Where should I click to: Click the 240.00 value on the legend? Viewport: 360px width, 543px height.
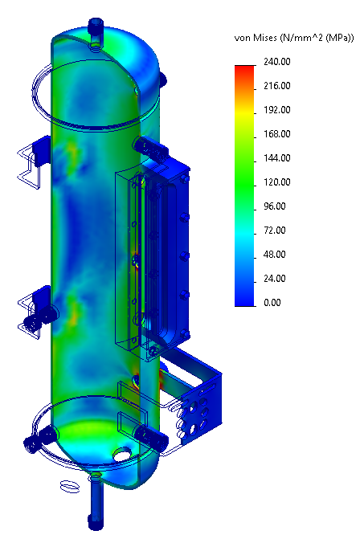click(277, 62)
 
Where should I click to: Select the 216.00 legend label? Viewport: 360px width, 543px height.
click(277, 86)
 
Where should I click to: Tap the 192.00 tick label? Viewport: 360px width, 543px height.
click(277, 110)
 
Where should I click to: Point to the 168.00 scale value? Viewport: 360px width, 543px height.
click(277, 134)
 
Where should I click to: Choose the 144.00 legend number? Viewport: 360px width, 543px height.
click(277, 158)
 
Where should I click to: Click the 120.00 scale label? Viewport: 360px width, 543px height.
click(277, 182)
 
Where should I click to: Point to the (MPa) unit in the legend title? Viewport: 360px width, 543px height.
click(337, 39)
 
